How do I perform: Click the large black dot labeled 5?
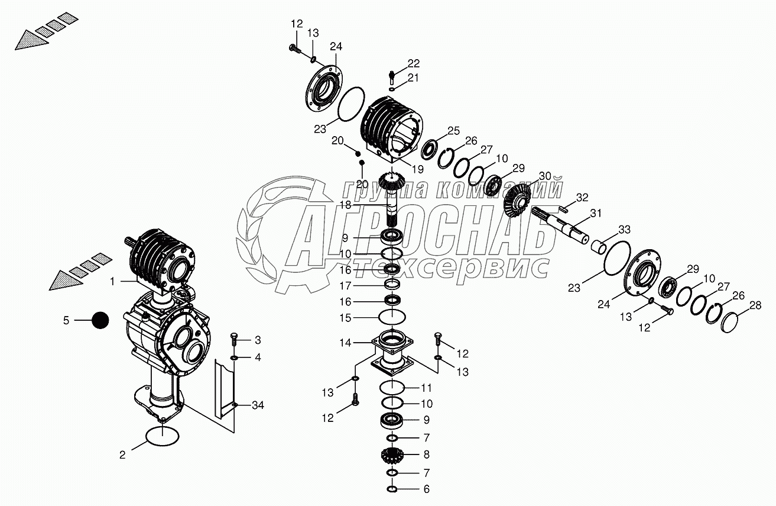[100, 320]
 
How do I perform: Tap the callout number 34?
[258, 405]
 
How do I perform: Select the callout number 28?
[755, 305]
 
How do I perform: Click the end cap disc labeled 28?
[729, 322]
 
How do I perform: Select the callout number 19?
[418, 169]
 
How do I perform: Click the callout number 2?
[122, 455]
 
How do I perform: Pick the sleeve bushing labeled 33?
[599, 247]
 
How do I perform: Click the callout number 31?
[596, 213]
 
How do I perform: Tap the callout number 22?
[413, 63]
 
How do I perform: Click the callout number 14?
[345, 343]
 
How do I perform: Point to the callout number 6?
[427, 489]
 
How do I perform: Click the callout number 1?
[112, 282]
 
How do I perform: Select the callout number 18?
[345, 205]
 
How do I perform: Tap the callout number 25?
[453, 131]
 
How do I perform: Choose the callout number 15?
[345, 318]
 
